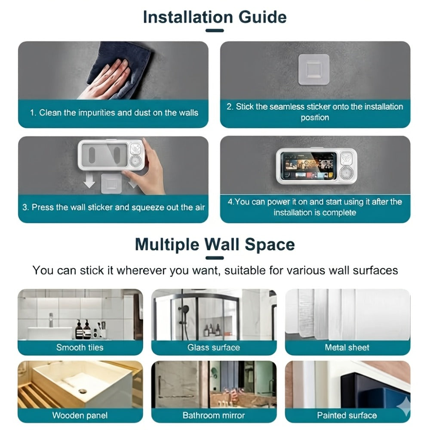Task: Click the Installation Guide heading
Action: click(215, 17)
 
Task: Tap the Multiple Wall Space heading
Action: click(215, 244)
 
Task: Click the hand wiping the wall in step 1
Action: click(104, 80)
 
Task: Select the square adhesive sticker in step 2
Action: click(314, 69)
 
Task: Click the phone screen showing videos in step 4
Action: click(310, 166)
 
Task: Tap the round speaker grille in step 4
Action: click(347, 173)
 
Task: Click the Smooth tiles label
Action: click(80, 347)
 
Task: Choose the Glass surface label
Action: click(214, 347)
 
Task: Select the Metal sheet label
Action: click(347, 347)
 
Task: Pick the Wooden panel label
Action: click(80, 415)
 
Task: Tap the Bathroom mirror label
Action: click(214, 415)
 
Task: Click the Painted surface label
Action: click(347, 415)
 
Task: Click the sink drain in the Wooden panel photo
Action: click(82, 391)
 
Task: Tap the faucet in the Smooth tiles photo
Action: click(52, 320)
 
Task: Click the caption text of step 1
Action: click(114, 113)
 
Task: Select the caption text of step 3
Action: click(114, 207)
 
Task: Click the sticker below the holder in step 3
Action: click(111, 184)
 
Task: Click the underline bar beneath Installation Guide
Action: click(215, 31)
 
